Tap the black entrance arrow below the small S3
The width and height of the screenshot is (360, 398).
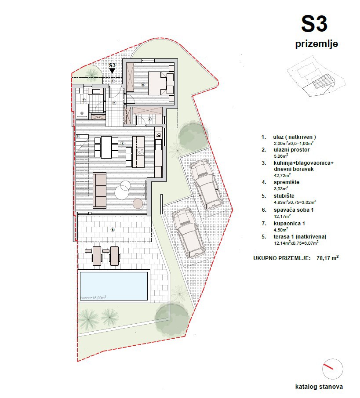[x=112, y=70]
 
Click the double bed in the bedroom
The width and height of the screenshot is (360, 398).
[x=157, y=83]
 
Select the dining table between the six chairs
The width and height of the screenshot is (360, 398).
[x=107, y=147]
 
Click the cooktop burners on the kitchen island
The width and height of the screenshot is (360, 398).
[x=141, y=152]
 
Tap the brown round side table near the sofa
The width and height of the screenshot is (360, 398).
[x=138, y=204]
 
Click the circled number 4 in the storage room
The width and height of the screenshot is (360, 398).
[x=149, y=119]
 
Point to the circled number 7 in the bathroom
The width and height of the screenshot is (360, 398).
[x=83, y=101]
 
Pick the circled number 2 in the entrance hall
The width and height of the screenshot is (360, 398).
[x=114, y=103]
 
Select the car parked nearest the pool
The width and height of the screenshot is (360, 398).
[x=187, y=232]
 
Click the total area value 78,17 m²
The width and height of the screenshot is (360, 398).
[x=327, y=258]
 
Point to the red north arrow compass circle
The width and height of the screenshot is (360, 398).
[x=332, y=369]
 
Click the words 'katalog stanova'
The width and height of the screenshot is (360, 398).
[x=319, y=387]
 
